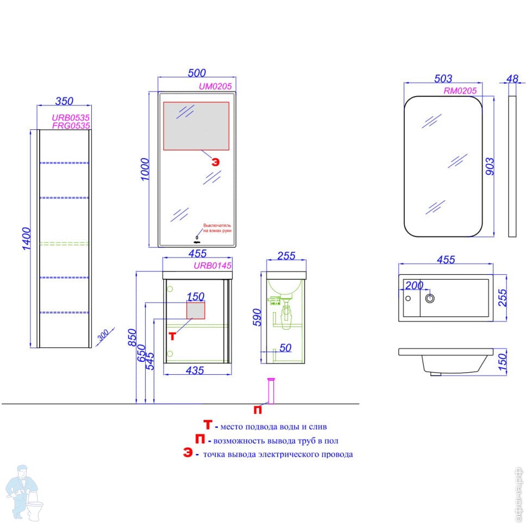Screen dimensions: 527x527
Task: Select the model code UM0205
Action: pos(216,86)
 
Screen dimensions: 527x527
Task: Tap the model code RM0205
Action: pos(460,91)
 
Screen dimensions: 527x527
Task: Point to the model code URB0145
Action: pos(213,266)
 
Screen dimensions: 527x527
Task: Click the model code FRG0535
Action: pos(71,125)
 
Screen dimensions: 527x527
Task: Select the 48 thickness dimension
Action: pos(512,79)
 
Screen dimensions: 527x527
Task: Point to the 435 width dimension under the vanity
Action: pos(195,371)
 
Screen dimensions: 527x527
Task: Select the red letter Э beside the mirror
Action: pos(216,161)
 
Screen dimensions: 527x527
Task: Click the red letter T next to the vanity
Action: pos(172,335)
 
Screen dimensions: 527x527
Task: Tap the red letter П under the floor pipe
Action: pos(258,409)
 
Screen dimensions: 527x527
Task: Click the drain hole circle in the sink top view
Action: pos(430,298)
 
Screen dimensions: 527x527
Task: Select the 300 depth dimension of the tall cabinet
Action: pos(103,335)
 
